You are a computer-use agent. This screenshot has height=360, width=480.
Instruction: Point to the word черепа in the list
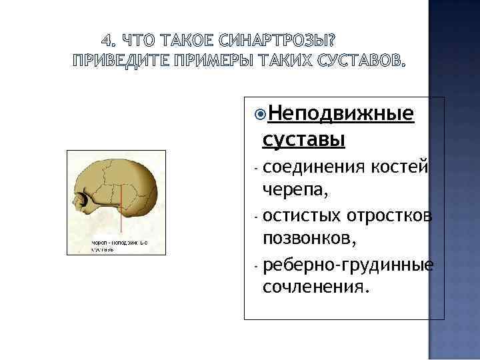[294, 191]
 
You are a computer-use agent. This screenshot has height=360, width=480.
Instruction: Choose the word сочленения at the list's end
[314, 288]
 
